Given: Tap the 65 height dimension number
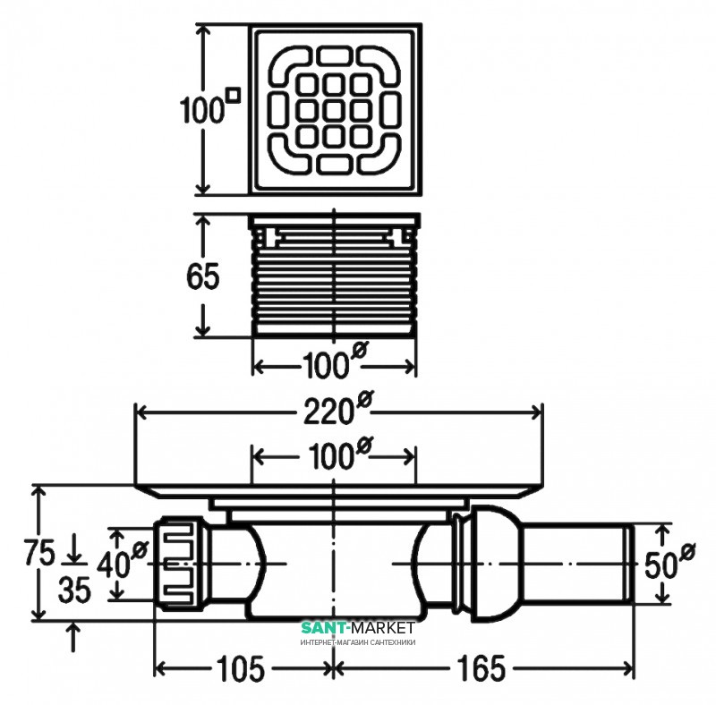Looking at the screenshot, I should tap(203, 276).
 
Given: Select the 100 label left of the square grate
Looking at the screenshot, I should tap(201, 111).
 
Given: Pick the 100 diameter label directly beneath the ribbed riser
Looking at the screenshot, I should tap(325, 365).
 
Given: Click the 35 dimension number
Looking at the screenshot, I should tap(75, 591).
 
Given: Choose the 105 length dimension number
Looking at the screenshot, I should tap(243, 667).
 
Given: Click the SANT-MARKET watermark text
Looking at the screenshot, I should tap(356, 628).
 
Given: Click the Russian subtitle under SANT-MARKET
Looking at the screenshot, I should tap(357, 642).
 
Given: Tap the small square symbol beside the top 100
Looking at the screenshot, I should tap(234, 92).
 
